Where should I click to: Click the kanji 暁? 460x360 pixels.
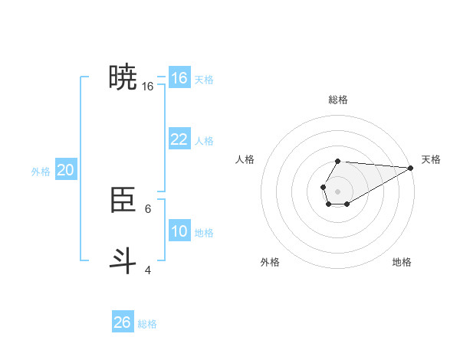tap(123, 77)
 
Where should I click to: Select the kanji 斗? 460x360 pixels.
tap(123, 260)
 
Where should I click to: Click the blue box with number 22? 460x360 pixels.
tap(179, 139)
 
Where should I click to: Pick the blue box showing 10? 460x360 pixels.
tap(179, 231)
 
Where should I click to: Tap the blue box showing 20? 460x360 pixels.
tap(65, 170)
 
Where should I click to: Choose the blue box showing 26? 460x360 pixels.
tap(123, 322)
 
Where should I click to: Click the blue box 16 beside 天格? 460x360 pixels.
tap(179, 78)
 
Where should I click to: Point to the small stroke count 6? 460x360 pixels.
tap(148, 208)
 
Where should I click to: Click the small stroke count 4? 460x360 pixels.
tap(148, 270)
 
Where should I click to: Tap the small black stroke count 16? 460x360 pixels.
tap(148, 87)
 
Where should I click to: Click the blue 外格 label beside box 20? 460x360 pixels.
tap(41, 172)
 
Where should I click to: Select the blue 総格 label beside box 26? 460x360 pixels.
tap(147, 324)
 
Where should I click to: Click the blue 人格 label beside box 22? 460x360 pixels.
tap(204, 141)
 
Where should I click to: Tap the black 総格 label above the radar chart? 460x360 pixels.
tap(338, 100)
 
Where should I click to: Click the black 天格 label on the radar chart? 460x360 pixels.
tap(431, 159)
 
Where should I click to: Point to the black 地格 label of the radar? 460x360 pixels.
tap(402, 262)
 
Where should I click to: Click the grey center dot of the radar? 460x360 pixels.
tap(337, 191)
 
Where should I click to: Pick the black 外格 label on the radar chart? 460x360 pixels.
tap(270, 262)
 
